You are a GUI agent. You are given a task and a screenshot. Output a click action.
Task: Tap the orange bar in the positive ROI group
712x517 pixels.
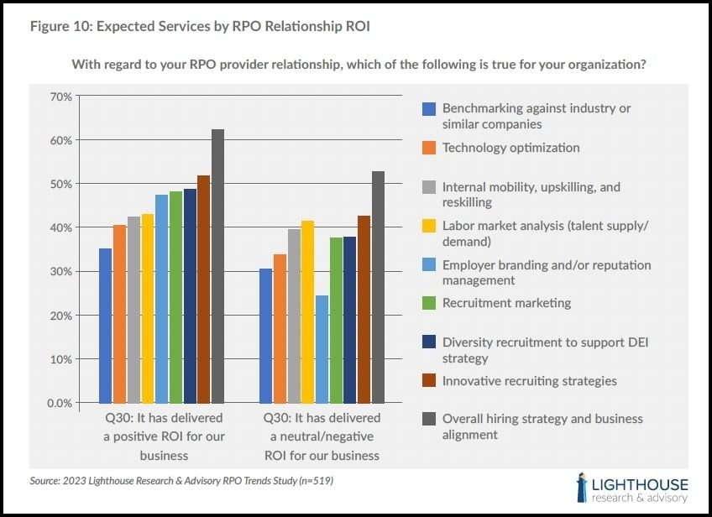point(120,314)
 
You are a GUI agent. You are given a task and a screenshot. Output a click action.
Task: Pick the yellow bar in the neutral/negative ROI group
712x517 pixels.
point(308,311)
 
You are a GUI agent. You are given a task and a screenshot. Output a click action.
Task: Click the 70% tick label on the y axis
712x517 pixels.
point(60,97)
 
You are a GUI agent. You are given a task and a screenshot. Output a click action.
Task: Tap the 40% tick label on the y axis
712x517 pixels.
point(60,227)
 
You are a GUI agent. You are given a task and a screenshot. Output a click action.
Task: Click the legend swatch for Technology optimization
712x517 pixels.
point(429,148)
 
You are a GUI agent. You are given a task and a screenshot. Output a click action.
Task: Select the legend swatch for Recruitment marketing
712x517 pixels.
point(429,303)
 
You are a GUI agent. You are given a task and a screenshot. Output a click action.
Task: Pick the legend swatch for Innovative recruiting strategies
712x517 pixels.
point(429,381)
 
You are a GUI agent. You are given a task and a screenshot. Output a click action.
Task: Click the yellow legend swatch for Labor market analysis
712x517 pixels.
point(429,226)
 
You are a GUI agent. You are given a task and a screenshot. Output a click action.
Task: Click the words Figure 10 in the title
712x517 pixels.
point(60,26)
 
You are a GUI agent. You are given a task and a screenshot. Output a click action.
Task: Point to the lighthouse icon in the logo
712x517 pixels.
point(581,488)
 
